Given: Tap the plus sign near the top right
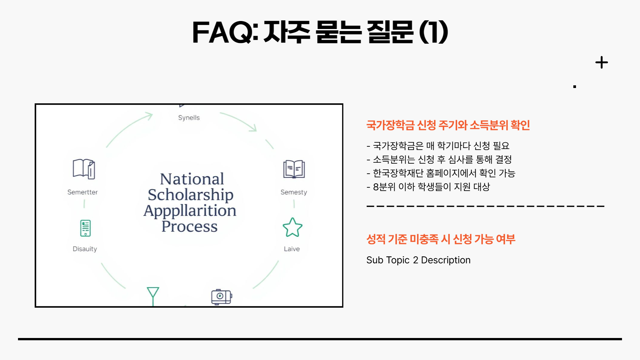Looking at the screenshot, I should pyautogui.click(x=601, y=62).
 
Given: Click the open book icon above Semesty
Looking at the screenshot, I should pyautogui.click(x=294, y=169).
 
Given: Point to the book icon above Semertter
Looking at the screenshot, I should pyautogui.click(x=84, y=169).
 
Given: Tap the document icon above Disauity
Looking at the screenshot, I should pyautogui.click(x=85, y=228).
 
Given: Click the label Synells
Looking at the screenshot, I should pyautogui.click(x=189, y=118).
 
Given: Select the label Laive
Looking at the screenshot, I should pyautogui.click(x=292, y=249).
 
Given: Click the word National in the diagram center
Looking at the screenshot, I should pyautogui.click(x=192, y=179).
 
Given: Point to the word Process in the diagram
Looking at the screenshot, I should pyautogui.click(x=189, y=226).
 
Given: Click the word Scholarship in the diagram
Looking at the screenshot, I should pyautogui.click(x=190, y=195).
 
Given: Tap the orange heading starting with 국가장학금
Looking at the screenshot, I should pyautogui.click(x=448, y=125).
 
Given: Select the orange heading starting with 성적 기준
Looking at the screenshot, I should pyautogui.click(x=440, y=239).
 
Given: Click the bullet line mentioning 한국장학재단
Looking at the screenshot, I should pyautogui.click(x=441, y=173).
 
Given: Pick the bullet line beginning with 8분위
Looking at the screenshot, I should pyautogui.click(x=428, y=187).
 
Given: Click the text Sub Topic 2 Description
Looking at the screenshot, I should pyautogui.click(x=418, y=260).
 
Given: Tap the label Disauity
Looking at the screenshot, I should pyautogui.click(x=85, y=249).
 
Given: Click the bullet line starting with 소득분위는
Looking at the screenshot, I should pyautogui.click(x=439, y=159).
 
